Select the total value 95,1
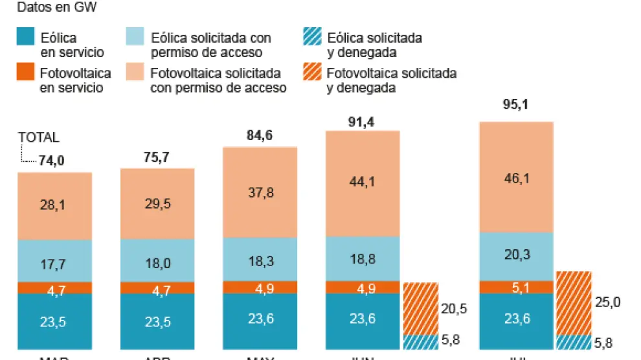tap(516, 108)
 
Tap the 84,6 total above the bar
tap(260, 135)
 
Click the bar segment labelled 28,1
tap(54, 206)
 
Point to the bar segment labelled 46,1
tap(516, 177)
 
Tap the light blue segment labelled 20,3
tap(516, 256)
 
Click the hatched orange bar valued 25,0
tap(573, 302)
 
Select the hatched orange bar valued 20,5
tap(420, 308)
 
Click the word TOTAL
tap(38, 137)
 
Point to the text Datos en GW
tap(55, 8)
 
